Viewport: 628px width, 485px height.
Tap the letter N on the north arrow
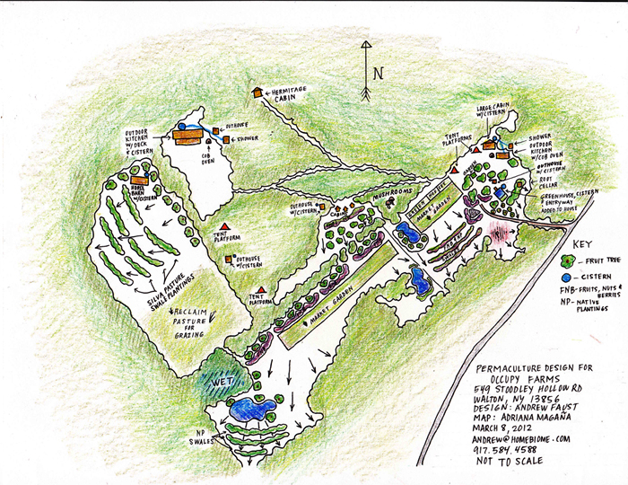[378, 74]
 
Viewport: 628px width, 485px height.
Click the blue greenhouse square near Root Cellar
[500, 191]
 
